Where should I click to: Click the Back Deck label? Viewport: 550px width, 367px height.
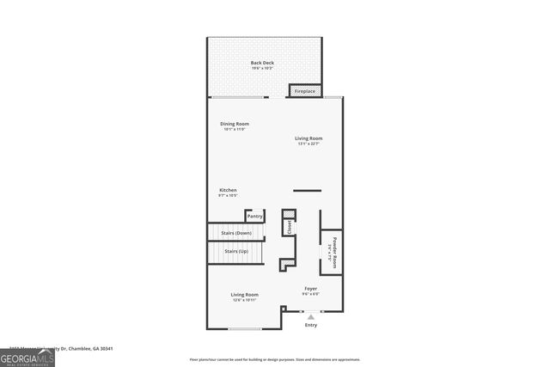click(x=262, y=63)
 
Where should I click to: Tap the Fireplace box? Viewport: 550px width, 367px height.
click(x=305, y=91)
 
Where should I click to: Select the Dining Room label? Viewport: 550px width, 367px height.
click(x=235, y=124)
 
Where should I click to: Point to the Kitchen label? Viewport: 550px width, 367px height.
click(x=228, y=190)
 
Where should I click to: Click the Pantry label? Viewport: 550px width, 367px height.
click(x=255, y=217)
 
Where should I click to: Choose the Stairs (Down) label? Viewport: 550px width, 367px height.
click(x=236, y=233)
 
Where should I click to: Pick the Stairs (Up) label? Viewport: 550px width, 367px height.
click(x=236, y=251)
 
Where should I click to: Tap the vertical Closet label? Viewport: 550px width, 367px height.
click(x=290, y=228)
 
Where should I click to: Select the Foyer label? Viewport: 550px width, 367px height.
click(x=310, y=288)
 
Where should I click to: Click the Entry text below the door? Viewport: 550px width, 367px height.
click(x=310, y=325)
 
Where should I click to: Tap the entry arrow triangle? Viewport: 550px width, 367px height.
click(x=310, y=315)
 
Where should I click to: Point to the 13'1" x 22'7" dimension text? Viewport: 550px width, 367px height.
click(x=309, y=144)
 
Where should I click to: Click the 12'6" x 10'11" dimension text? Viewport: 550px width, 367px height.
click(x=245, y=300)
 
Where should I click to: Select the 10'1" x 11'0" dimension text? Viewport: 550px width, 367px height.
click(x=235, y=130)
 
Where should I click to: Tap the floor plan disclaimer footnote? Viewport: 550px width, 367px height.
click(x=275, y=360)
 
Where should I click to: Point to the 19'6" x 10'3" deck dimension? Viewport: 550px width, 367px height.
click(x=262, y=68)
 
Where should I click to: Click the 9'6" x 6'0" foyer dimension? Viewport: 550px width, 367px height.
click(x=310, y=294)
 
